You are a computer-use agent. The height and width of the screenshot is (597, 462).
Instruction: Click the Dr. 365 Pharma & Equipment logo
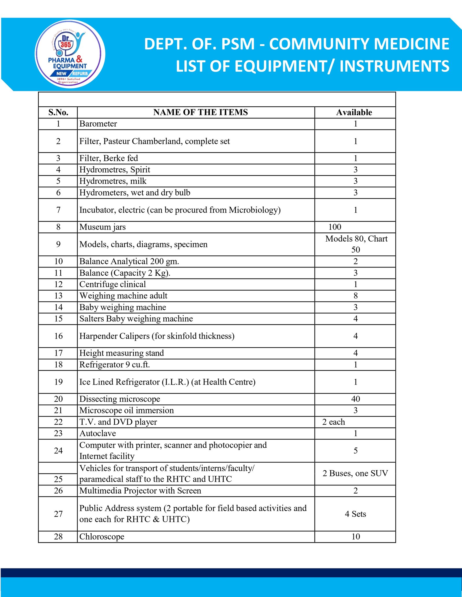[70, 54]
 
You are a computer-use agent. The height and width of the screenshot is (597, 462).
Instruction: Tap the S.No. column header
[58, 112]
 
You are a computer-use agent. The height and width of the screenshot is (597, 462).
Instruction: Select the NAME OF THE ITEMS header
[200, 112]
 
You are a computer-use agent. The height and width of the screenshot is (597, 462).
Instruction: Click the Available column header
[354, 112]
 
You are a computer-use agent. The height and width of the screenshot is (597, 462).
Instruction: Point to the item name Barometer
[98, 124]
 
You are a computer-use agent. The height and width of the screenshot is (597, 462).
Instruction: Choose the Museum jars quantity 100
[335, 227]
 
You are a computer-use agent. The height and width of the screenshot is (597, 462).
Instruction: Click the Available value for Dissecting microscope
[355, 399]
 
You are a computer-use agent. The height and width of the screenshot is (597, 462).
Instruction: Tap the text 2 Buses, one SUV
[355, 473]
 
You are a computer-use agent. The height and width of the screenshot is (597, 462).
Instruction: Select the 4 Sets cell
[355, 514]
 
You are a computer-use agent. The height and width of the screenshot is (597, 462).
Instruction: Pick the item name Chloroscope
[102, 537]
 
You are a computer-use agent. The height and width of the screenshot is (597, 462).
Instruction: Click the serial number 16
[58, 336]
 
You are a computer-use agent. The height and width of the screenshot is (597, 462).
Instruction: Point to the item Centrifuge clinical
[113, 285]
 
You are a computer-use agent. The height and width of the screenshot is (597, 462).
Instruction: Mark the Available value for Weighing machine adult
[355, 296]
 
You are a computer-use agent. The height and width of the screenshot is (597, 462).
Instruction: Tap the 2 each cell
[334, 422]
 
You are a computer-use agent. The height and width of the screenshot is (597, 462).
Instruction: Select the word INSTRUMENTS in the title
[394, 66]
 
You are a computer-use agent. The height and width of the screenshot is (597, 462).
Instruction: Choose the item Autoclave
[98, 434]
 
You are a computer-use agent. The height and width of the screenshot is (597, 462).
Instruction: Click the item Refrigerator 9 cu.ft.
[115, 365]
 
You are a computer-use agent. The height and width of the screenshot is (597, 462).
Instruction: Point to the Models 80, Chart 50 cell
[356, 244]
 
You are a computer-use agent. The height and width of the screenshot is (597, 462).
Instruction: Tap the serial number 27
[58, 514]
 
